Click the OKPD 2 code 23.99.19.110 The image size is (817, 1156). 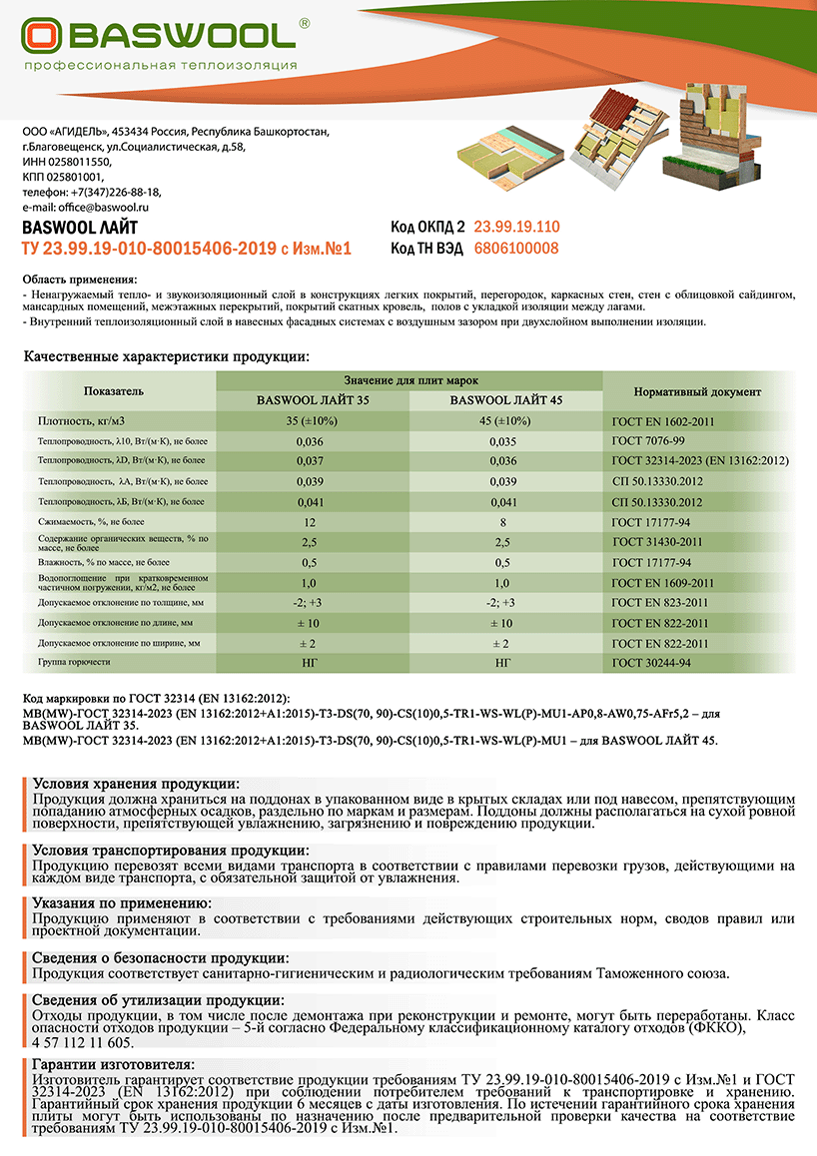516,227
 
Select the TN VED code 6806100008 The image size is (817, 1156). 516,249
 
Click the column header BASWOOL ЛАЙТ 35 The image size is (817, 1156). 312,399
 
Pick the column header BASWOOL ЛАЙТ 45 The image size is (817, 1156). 506,399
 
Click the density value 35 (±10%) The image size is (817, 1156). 312,421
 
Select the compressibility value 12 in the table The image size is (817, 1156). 312,522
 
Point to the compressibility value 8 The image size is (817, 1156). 506,522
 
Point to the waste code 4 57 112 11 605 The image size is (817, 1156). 83,1042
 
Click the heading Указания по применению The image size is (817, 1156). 125,903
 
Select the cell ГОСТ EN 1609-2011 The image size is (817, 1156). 662,583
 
